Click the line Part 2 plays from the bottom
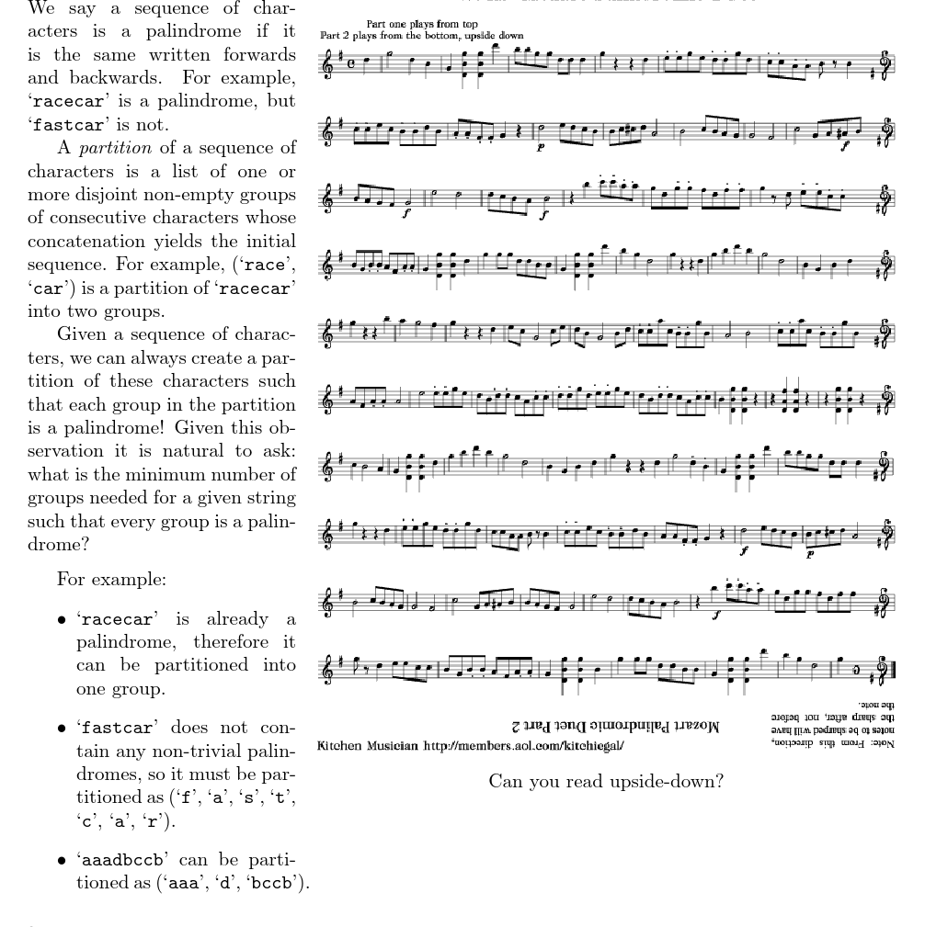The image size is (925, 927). click(421, 35)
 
